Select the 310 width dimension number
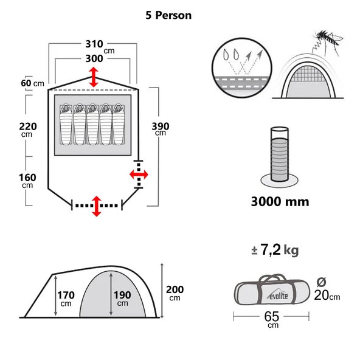tap(94, 44)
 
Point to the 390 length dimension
tap(161, 126)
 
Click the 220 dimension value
tap(28, 126)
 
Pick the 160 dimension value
tap(28, 178)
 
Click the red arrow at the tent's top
tap(93, 77)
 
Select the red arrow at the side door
tap(139, 175)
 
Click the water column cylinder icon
tap(280, 155)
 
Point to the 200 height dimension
tap(175, 289)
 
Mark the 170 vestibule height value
tap(66, 295)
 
